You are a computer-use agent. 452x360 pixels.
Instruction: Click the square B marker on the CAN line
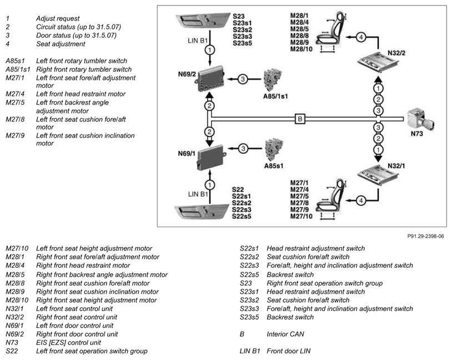(x=299, y=118)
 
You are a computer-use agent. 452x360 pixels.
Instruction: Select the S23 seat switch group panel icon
(x=201, y=24)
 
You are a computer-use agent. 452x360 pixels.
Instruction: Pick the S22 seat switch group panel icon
(x=201, y=214)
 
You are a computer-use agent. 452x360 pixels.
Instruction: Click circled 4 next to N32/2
(x=361, y=37)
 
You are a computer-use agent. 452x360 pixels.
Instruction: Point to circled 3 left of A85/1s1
(x=243, y=79)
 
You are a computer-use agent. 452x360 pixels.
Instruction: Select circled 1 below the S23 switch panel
(x=209, y=50)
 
